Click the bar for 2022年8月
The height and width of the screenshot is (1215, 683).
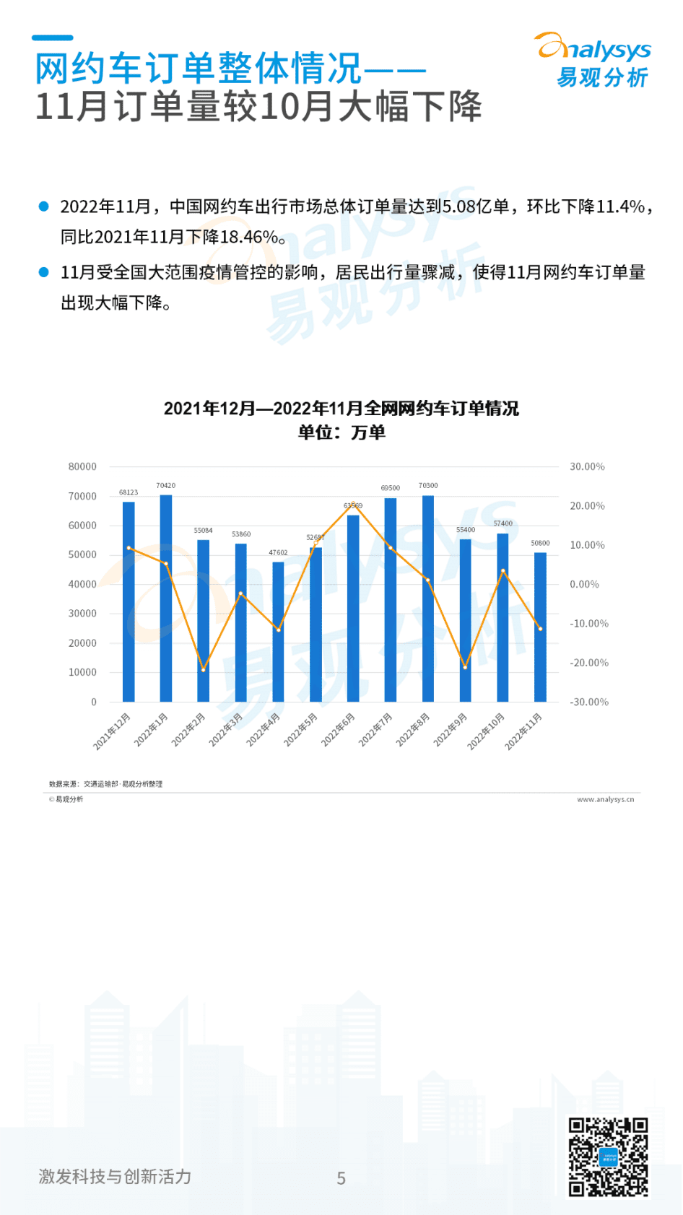point(428,599)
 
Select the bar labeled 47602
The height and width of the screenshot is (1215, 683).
point(278,632)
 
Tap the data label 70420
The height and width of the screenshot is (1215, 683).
point(166,486)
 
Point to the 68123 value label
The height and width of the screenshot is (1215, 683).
point(129,492)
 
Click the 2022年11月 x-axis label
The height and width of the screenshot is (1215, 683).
point(524,731)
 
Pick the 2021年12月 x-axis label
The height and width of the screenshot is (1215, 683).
point(113,731)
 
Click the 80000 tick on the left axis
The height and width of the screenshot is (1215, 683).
point(82,467)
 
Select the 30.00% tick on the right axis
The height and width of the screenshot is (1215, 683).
point(587,467)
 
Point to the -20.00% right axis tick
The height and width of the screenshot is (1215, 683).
point(589,663)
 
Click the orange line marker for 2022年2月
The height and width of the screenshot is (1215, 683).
point(204,670)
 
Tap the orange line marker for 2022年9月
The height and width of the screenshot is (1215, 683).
point(466,667)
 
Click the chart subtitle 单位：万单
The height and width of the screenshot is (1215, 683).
point(341,432)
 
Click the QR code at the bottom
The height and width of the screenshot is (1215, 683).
point(608,1157)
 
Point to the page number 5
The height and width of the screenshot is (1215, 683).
point(341,1178)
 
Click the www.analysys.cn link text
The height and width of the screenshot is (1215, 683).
point(605,799)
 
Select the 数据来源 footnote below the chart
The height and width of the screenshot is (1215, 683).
point(105,784)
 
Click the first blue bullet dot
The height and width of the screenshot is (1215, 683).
point(43,206)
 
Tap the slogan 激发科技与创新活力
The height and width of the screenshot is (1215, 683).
point(115,1177)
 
